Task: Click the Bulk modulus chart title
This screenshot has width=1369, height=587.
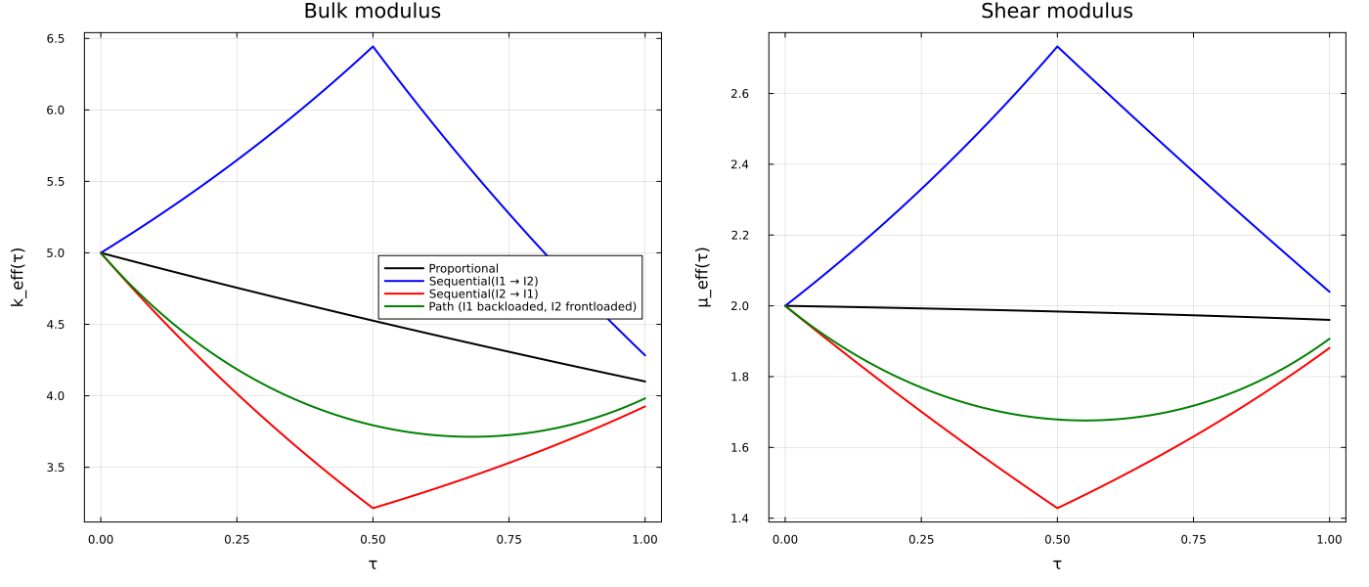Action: click(x=373, y=11)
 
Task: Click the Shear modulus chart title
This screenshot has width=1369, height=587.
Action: click(x=1057, y=11)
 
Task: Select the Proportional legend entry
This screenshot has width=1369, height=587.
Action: click(x=464, y=268)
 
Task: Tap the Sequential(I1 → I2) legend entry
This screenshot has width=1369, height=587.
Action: click(x=483, y=282)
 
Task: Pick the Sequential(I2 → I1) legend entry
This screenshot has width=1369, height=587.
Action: click(x=483, y=294)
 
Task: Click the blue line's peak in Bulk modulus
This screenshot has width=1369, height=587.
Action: click(x=373, y=47)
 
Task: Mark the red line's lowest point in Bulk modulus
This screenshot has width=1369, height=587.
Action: click(x=373, y=508)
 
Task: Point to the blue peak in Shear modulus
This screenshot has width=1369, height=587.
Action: click(x=1057, y=47)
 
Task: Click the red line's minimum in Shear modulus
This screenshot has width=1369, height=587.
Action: click(x=1057, y=508)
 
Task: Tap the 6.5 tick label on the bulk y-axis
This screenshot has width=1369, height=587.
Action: click(x=55, y=39)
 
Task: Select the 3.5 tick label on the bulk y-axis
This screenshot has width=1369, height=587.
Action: click(x=55, y=468)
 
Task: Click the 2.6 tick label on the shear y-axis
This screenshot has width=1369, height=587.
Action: click(x=739, y=94)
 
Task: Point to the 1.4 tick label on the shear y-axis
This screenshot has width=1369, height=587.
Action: click(x=739, y=519)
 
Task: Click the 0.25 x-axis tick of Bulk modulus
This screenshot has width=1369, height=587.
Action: click(x=237, y=540)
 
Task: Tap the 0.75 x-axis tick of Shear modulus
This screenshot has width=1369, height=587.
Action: click(x=1193, y=540)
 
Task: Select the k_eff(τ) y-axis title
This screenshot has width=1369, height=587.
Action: click(x=18, y=277)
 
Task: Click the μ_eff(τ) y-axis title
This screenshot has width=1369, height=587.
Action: click(x=703, y=277)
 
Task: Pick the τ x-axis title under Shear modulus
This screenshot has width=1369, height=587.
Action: click(x=1057, y=564)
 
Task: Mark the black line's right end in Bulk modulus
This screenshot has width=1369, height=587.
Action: click(x=644, y=382)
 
